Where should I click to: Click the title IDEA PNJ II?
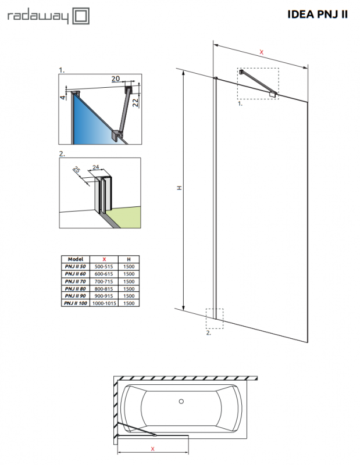318,15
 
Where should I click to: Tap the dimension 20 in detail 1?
115,78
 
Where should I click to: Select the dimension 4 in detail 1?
62,96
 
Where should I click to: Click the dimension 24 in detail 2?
96,166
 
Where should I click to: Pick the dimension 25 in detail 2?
76,170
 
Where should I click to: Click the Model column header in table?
76,259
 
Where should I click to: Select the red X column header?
104,259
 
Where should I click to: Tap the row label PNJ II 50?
76,266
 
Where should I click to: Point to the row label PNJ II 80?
76,288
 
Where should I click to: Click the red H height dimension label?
180,188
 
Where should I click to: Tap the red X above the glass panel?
261,52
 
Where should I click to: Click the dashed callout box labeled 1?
258,83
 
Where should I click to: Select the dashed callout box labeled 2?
215,318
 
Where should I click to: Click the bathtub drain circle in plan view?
181,401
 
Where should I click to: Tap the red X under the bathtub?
152,449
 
